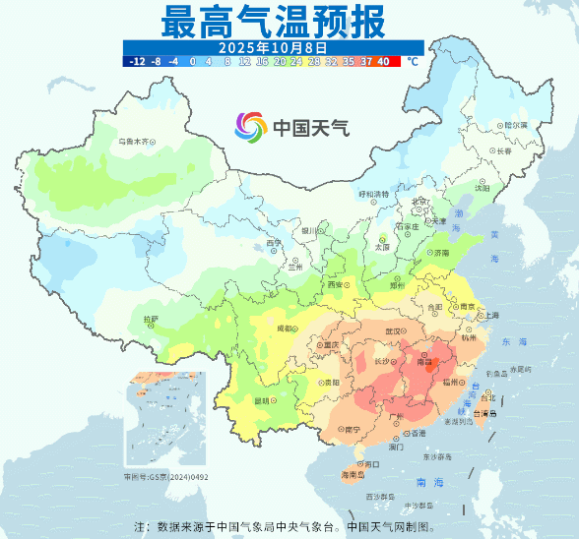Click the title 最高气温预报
pos(273,20)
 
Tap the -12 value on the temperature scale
pos(137,61)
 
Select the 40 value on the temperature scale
pos(383,61)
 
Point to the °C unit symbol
pos(413,61)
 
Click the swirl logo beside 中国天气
pos(251,127)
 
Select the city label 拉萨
pos(150,319)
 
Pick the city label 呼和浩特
pos(373,195)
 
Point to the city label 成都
pos(286,328)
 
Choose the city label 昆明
pos(262,400)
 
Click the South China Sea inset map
pos(164,419)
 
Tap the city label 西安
pos(333,285)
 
